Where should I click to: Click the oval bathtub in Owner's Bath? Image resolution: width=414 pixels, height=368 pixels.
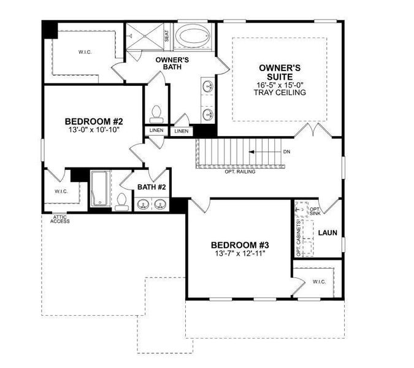point(194,36)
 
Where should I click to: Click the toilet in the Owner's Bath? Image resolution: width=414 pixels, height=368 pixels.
point(155,113)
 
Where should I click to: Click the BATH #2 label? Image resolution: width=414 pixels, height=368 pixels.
point(150,186)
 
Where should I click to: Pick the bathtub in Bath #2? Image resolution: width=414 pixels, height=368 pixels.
point(99,189)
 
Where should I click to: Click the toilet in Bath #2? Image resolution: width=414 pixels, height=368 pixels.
point(122,201)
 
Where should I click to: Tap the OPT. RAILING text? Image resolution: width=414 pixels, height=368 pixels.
point(240,172)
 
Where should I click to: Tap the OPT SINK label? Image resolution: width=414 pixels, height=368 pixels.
point(315,212)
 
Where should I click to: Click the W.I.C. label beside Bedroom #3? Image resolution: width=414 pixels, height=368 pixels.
point(319,282)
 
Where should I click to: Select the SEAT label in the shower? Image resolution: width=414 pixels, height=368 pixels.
point(166,36)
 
